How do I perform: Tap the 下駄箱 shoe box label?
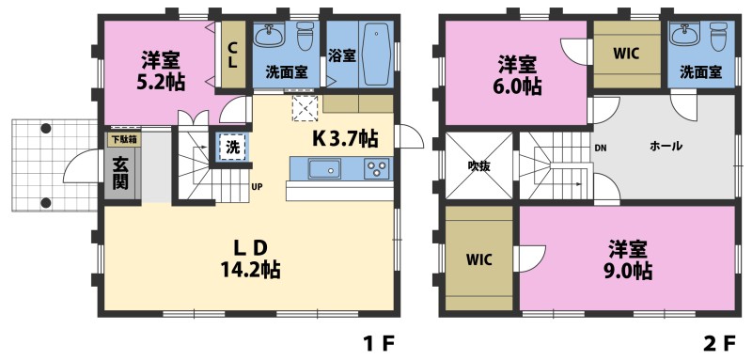point(121,140)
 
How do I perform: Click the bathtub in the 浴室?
point(376,55)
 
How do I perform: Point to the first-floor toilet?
point(305,36)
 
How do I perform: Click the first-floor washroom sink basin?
point(270,35)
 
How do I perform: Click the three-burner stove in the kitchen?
point(378,169)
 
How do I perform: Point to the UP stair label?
point(257,186)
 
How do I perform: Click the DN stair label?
point(601,148)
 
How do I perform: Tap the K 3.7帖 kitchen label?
point(345,139)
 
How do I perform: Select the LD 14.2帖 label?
point(250,259)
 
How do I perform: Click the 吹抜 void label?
point(478,165)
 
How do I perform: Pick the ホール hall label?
point(666,147)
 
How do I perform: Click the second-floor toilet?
point(718,37)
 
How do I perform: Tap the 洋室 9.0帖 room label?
point(628,259)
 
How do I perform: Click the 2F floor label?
point(719,343)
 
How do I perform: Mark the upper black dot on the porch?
point(45,129)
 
